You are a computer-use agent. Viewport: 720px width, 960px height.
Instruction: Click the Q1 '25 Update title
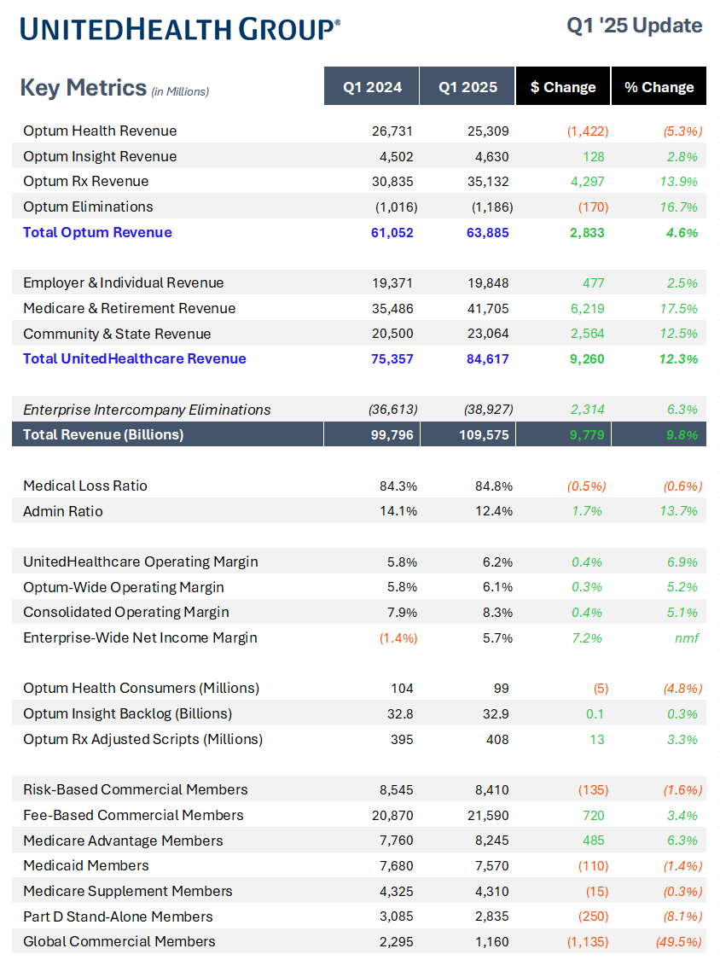[635, 26]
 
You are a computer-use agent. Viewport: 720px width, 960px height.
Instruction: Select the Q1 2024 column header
[372, 87]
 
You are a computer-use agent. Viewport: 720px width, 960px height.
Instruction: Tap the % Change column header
[659, 87]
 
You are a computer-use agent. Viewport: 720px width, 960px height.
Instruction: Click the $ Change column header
[563, 87]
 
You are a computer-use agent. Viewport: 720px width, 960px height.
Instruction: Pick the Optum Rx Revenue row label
[85, 181]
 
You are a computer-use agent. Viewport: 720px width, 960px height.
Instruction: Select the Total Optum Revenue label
[97, 232]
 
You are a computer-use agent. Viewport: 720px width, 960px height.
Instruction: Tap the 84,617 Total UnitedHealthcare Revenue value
[487, 358]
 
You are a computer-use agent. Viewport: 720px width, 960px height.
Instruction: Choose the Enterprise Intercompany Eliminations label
[147, 410]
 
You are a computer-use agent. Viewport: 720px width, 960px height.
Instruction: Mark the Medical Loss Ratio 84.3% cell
[398, 486]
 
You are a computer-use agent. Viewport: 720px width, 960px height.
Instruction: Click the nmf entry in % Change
[687, 637]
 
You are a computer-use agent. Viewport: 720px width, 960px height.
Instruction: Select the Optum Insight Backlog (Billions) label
[127, 713]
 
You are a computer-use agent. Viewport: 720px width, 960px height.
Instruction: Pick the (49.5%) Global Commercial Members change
[678, 941]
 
